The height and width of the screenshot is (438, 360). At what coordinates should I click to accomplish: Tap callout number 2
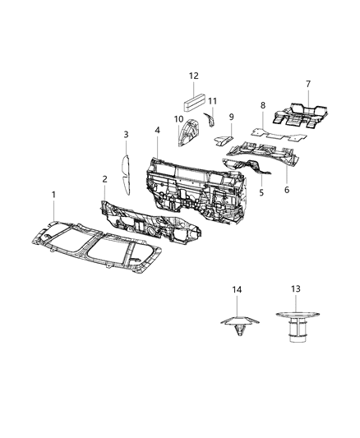click(104, 179)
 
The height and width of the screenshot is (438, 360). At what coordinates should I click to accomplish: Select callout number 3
click(126, 134)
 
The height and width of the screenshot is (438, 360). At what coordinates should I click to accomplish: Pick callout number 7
click(308, 85)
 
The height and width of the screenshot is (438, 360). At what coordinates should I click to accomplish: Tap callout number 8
click(261, 106)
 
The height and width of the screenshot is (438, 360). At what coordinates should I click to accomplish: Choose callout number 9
click(232, 117)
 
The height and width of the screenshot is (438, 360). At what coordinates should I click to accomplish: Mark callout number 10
click(178, 119)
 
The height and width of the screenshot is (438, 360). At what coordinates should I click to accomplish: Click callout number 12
click(193, 76)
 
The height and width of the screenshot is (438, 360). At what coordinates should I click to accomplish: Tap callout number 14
click(237, 289)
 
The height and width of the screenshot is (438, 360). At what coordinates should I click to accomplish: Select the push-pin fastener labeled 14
click(238, 324)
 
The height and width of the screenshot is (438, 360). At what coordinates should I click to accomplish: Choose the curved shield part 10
click(189, 132)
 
